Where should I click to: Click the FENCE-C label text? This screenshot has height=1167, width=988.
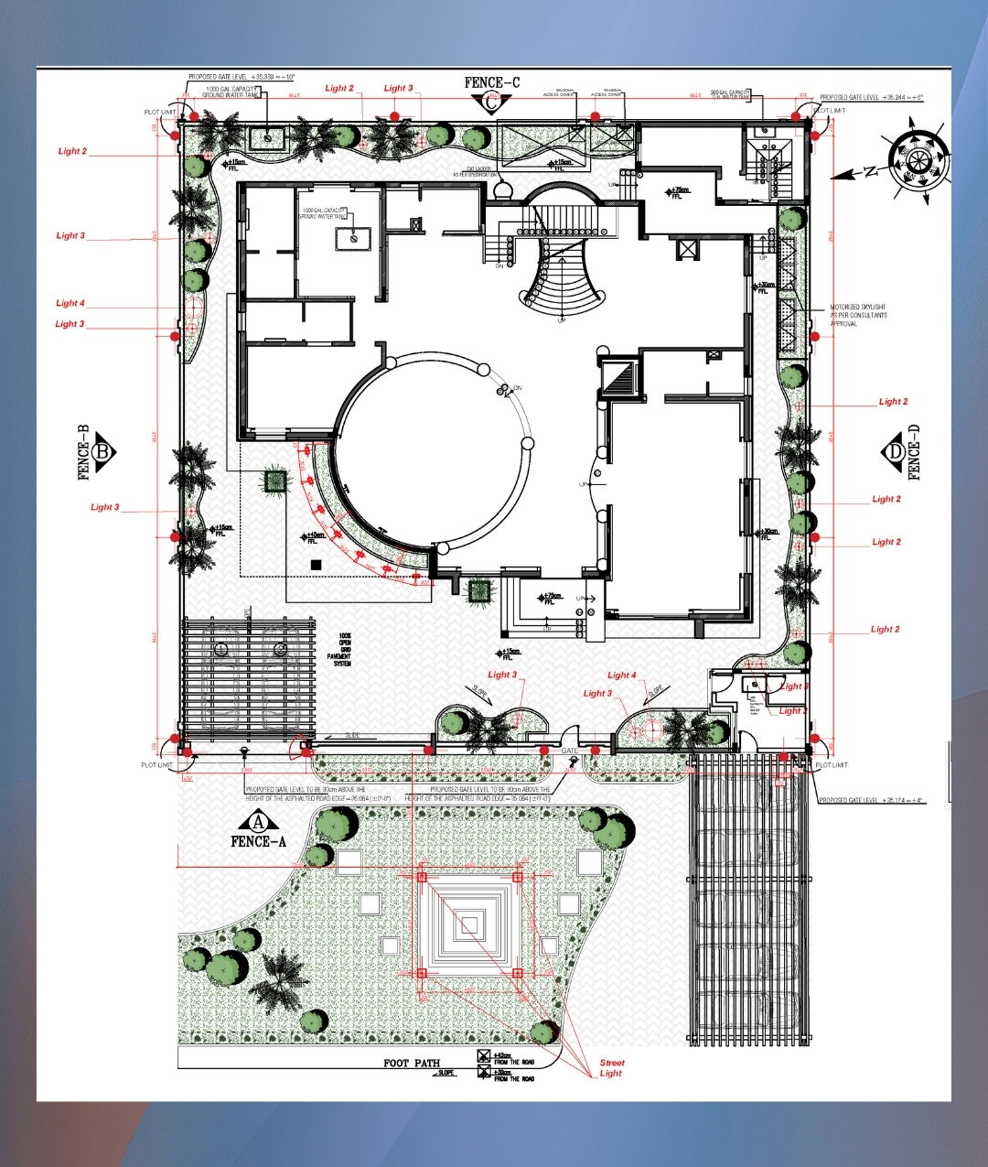click(x=491, y=82)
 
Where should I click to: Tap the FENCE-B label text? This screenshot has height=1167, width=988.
click(x=83, y=452)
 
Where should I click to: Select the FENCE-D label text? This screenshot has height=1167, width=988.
click(x=913, y=452)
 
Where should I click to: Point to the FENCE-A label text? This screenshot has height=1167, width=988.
click(x=258, y=841)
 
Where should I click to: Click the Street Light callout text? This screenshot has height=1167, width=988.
click(x=612, y=1068)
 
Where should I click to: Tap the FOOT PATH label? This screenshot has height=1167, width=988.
click(x=411, y=1064)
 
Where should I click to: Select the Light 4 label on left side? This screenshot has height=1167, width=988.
click(x=70, y=303)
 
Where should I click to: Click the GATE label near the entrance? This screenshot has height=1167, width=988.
click(x=569, y=751)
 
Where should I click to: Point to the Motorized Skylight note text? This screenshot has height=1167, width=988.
click(x=857, y=315)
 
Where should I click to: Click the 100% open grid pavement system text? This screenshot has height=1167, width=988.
click(x=344, y=649)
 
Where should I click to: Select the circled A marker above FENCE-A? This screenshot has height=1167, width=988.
click(x=258, y=821)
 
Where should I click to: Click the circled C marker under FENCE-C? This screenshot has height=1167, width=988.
click(x=491, y=103)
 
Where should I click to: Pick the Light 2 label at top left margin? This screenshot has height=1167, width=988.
click(x=72, y=151)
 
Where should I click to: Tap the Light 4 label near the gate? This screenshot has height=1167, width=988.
click(x=622, y=675)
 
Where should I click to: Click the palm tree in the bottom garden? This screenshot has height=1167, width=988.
click(x=277, y=978)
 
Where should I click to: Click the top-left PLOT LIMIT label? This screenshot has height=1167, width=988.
click(x=159, y=112)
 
